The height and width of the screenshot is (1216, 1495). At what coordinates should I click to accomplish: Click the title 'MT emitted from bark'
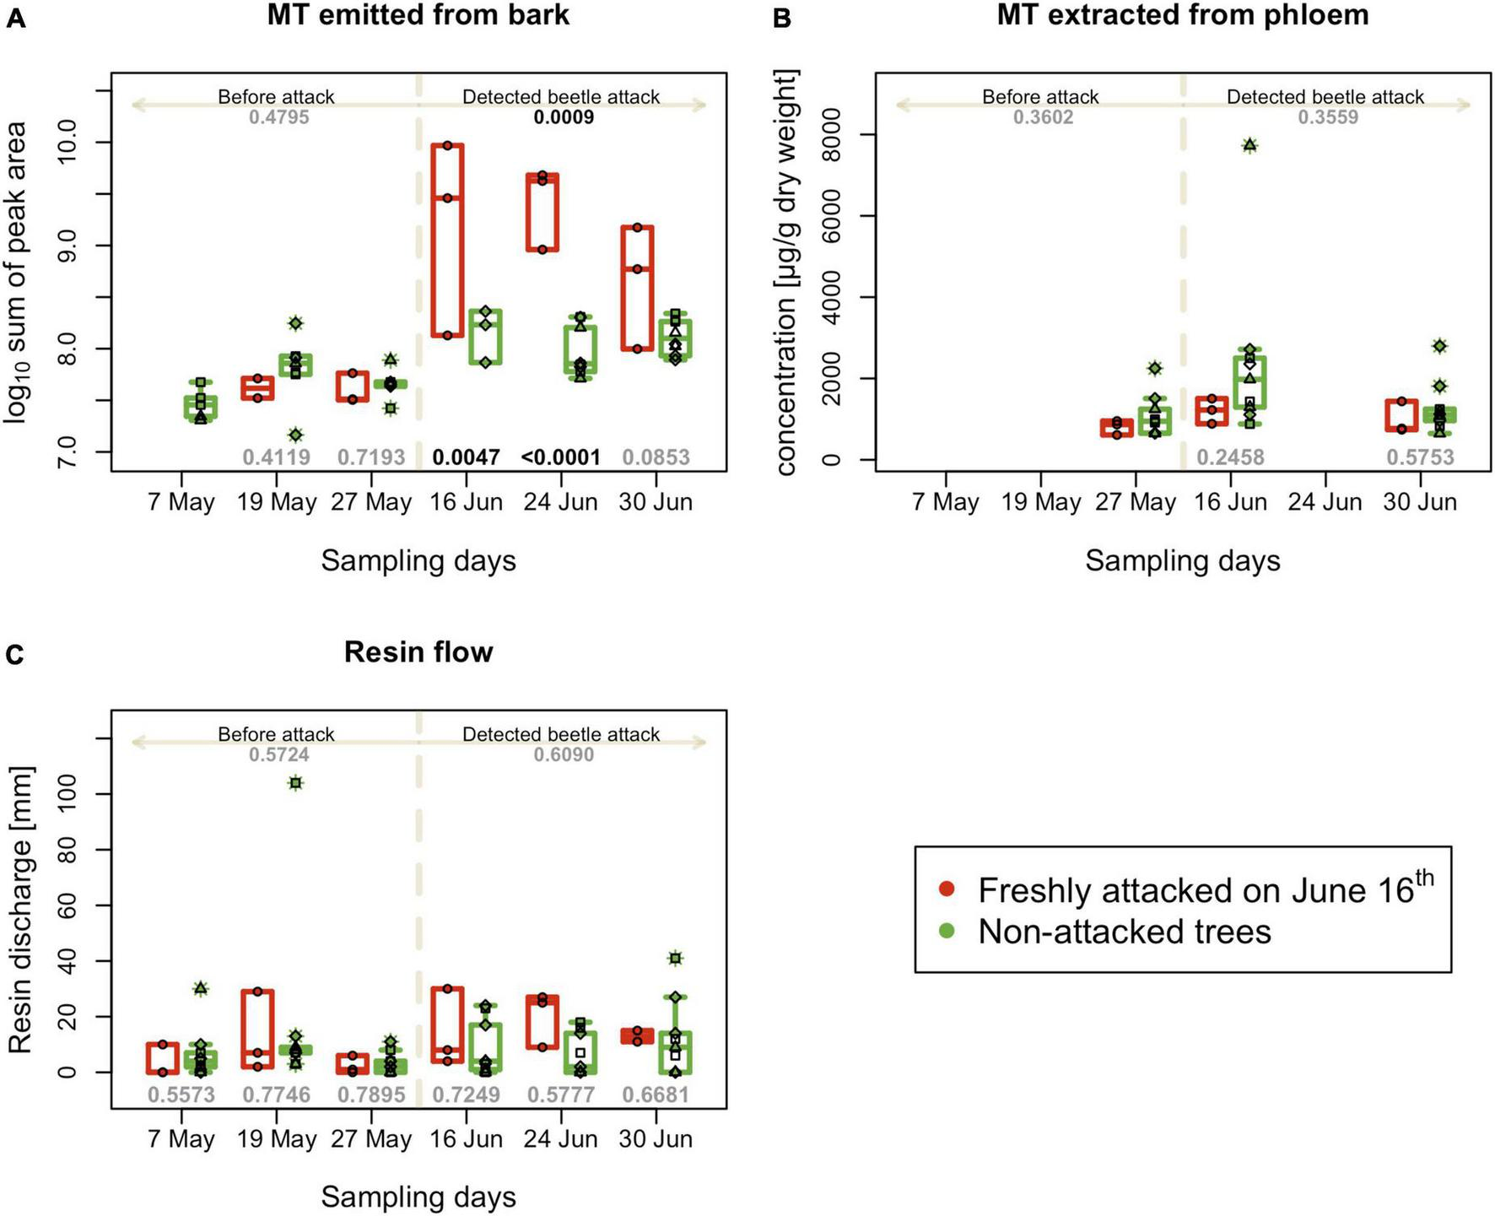[418, 15]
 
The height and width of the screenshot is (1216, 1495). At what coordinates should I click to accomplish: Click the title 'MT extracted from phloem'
[1182, 15]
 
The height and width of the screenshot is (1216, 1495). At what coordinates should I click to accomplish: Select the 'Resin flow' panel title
[418, 652]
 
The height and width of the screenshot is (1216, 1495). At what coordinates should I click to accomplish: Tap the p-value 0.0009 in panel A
[564, 117]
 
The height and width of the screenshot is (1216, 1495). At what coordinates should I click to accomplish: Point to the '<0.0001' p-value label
[561, 457]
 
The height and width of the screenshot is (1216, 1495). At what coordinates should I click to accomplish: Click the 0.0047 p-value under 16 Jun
[466, 457]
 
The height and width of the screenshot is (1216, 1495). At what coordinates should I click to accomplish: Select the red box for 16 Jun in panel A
[447, 240]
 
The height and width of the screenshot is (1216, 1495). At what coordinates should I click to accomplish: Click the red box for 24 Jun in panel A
[542, 213]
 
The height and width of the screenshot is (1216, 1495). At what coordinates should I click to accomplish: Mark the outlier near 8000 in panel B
[1249, 146]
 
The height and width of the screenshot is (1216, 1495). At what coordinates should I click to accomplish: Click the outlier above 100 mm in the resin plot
[295, 783]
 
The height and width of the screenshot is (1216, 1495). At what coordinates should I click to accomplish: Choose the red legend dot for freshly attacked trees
[947, 889]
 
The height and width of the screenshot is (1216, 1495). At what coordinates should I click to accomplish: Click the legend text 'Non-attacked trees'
[1124, 932]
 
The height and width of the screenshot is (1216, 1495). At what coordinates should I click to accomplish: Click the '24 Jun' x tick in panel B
[1325, 502]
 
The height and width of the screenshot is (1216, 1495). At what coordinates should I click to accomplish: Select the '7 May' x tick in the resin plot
[181, 1139]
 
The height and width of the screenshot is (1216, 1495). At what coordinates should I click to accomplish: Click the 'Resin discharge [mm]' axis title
[20, 910]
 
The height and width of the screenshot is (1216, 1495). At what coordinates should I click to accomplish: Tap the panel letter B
[781, 18]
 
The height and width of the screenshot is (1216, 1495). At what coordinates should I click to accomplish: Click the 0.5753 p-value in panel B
[1420, 457]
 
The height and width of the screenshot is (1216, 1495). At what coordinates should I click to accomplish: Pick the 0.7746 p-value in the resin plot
[276, 1094]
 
